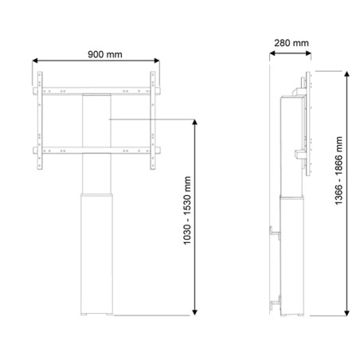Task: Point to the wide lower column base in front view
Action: click(97, 255)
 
